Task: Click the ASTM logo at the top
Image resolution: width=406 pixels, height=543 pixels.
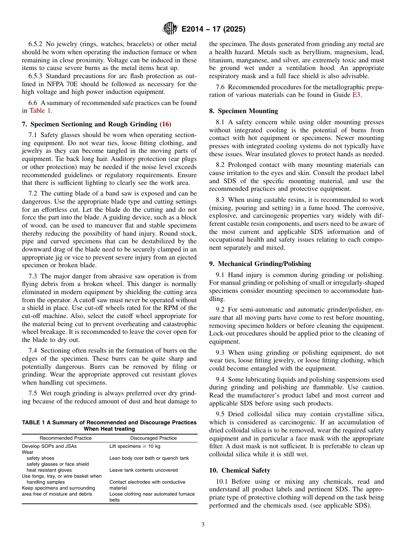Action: coord(170,29)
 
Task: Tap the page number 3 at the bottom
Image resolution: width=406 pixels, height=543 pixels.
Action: coord(203,525)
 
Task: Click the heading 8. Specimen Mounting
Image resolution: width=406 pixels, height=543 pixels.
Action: coord(243,111)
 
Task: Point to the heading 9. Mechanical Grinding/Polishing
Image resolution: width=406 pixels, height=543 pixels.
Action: coord(260,264)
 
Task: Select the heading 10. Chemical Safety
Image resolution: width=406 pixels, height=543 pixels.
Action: coord(239,470)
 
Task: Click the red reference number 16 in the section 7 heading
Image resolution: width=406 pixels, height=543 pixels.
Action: coord(165,124)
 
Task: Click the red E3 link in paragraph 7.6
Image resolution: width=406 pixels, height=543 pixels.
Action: coord(356,95)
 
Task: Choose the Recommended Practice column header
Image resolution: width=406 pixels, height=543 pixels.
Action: coord(65,438)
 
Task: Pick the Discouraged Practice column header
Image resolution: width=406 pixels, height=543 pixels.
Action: coord(153,438)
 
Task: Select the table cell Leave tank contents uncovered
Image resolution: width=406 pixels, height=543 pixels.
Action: coord(138,470)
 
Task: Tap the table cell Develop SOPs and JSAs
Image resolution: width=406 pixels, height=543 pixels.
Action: coord(49,446)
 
